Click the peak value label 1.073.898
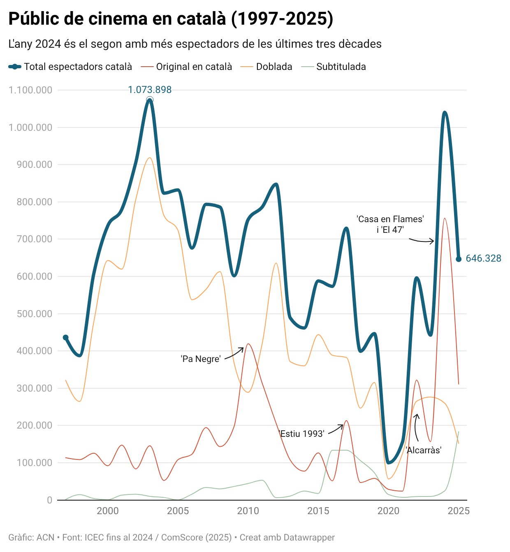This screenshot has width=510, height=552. [150, 90]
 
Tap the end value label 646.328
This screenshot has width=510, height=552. [483, 258]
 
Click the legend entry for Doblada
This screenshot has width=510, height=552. [274, 67]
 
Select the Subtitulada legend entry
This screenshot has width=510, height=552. [341, 67]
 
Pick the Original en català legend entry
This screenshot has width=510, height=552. [194, 67]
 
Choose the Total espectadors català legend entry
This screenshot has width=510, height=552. [78, 67]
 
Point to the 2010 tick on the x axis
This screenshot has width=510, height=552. [248, 511]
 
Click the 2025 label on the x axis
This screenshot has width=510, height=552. [458, 511]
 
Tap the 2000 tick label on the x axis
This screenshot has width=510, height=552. [108, 511]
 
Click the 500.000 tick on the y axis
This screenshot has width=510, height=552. [35, 314]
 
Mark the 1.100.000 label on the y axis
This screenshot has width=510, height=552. [30, 90]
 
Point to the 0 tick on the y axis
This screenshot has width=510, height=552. [50, 500]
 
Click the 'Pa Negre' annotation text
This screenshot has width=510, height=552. [201, 359]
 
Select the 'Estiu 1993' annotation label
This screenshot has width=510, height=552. [302, 434]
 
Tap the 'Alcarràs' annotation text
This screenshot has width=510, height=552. [424, 450]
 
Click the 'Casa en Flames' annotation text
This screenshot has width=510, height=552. [390, 219]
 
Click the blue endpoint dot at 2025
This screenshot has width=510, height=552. [459, 259]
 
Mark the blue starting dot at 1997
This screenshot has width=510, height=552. [65, 338]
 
